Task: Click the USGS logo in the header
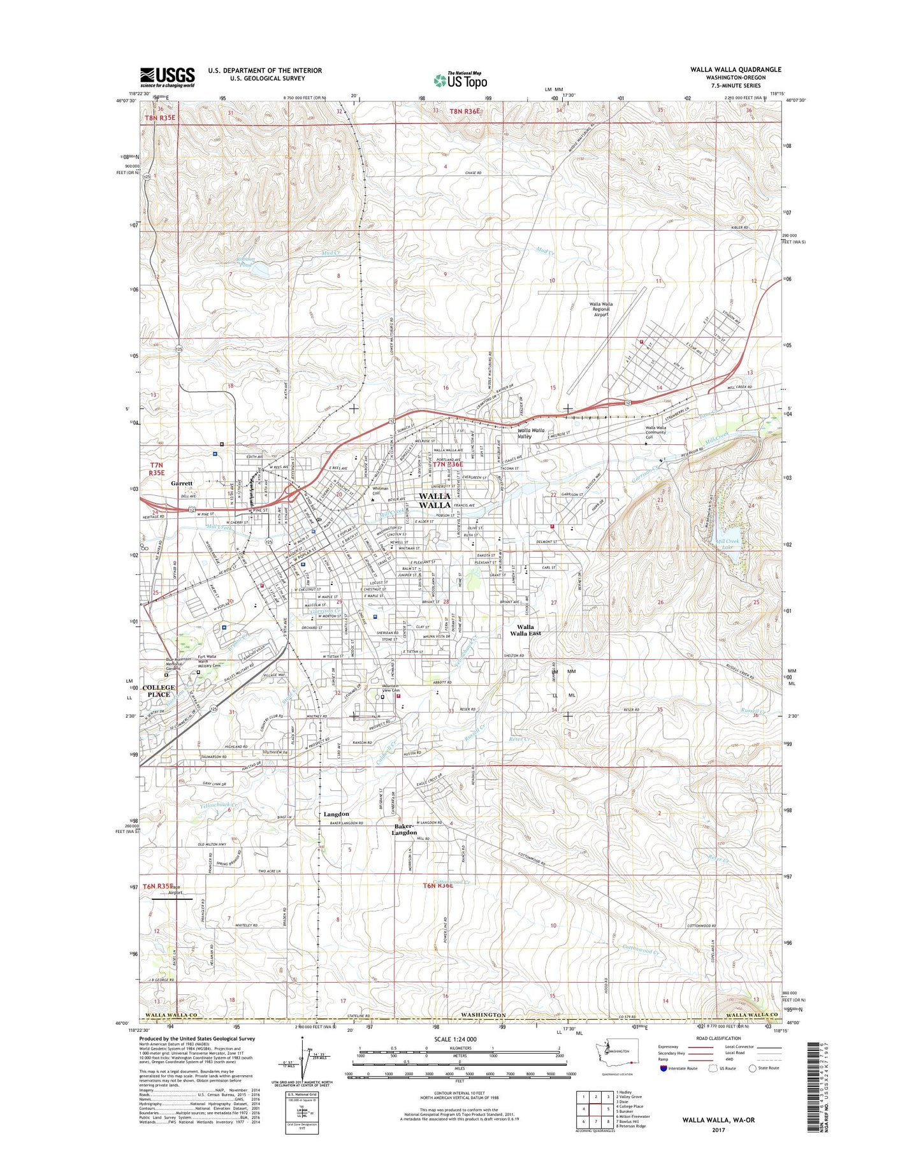[x=167, y=77]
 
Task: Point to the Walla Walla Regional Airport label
[x=601, y=309]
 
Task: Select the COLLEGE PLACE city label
[x=158, y=691]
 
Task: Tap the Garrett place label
[x=182, y=483]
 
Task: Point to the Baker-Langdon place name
[x=404, y=829]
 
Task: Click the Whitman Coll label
[x=381, y=491]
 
